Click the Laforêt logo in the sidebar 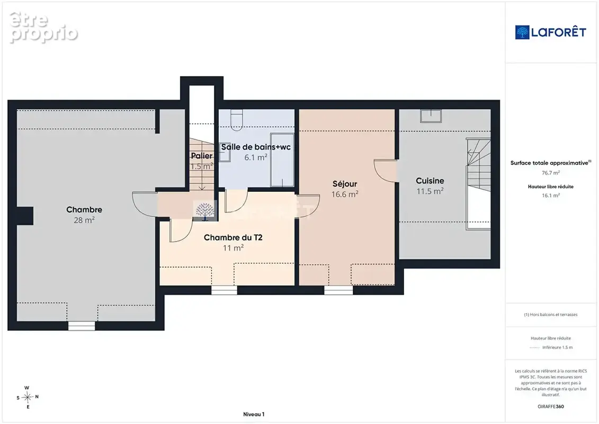coord(550,32)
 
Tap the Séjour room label coord(345,184)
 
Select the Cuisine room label coord(430,181)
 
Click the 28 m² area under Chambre coord(84,220)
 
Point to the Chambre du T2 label coord(233,237)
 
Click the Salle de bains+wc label coord(256,147)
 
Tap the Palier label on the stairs coord(202,156)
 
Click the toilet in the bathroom coord(236,119)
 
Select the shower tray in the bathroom coord(282,160)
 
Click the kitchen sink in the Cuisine coord(431,116)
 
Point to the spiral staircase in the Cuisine coord(478,183)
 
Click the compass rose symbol coord(28,397)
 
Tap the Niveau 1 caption coord(254,414)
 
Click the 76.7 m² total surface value coord(550,173)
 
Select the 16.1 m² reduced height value coord(550,196)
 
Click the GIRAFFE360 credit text coord(550,407)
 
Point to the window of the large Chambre coord(82,326)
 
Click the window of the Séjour coord(338,290)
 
